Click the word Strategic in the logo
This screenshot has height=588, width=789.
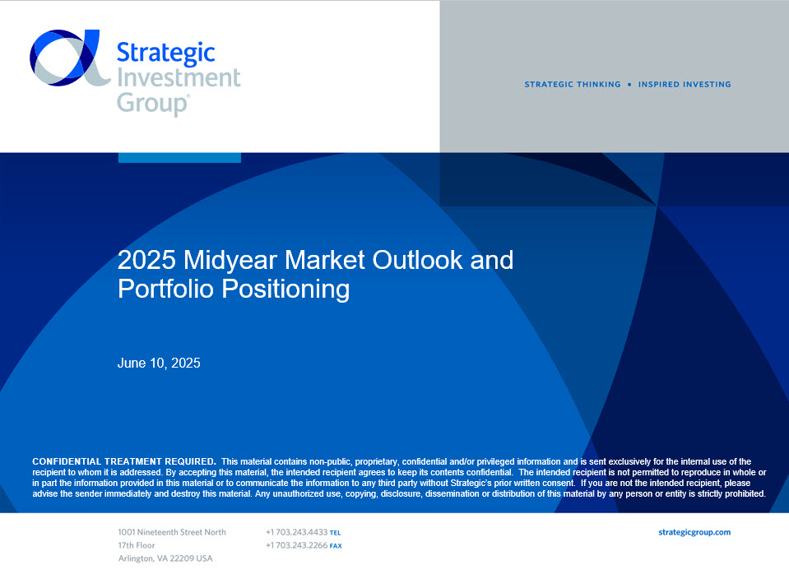(x=166, y=53)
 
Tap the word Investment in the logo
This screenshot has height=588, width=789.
(x=179, y=77)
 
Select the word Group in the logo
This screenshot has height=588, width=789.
(x=152, y=103)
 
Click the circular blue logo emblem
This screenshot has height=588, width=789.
(x=69, y=58)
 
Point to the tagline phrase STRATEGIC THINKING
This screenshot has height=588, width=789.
(x=573, y=85)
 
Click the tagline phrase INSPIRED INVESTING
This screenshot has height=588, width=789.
(x=685, y=85)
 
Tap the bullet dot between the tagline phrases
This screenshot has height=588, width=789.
(x=629, y=85)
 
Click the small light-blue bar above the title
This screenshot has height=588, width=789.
(x=179, y=157)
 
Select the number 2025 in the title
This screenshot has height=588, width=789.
(x=147, y=260)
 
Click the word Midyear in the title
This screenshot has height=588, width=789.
(x=230, y=260)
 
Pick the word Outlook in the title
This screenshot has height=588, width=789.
(x=417, y=260)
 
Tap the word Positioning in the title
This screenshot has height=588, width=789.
(x=285, y=289)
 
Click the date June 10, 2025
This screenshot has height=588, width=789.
(x=159, y=363)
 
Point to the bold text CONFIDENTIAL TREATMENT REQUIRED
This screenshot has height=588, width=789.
(x=123, y=461)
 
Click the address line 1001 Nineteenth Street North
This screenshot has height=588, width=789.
(x=172, y=532)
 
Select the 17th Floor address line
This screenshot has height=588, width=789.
(x=137, y=545)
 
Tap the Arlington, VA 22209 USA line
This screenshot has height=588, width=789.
(x=165, y=558)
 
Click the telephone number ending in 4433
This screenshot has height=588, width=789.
(x=297, y=532)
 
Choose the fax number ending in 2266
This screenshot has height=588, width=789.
(x=297, y=545)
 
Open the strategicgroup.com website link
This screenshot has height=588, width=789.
(x=694, y=532)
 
